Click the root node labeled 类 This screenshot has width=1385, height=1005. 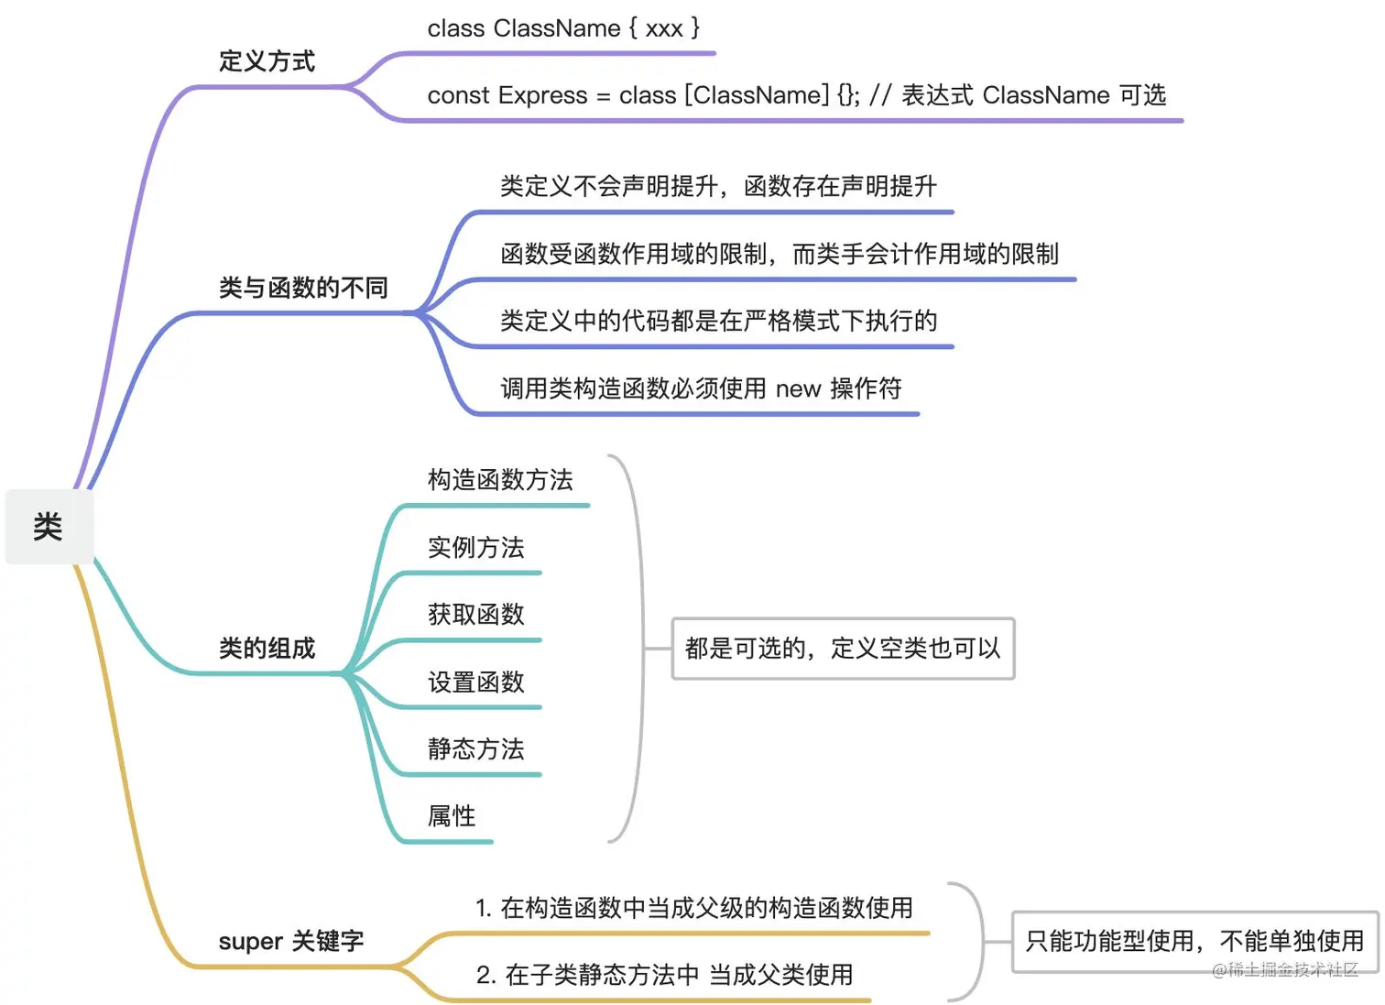point(49,527)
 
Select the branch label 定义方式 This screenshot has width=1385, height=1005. point(267,61)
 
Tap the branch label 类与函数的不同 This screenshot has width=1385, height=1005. point(303,288)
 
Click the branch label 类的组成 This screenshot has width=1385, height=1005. point(267,649)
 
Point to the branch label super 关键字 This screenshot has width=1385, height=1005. point(290,941)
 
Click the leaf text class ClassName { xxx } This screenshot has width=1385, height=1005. point(563,28)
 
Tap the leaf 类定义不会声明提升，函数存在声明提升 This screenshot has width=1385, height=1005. point(718,186)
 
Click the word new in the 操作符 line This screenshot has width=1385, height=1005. point(798,389)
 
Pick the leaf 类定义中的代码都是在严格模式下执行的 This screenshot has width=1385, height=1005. point(718,321)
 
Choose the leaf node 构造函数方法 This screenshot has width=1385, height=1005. point(500,479)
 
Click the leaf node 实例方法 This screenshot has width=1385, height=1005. point(475,547)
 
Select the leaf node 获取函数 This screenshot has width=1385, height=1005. point(475,614)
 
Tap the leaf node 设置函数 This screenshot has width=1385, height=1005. point(475,682)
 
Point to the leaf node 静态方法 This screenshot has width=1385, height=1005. point(475,748)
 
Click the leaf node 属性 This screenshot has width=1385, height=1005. point(452,815)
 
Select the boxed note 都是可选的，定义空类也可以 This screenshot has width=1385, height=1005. point(843,649)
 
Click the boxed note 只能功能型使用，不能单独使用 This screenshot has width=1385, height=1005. point(1194,941)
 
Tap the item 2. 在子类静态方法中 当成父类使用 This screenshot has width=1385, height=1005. point(664,975)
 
